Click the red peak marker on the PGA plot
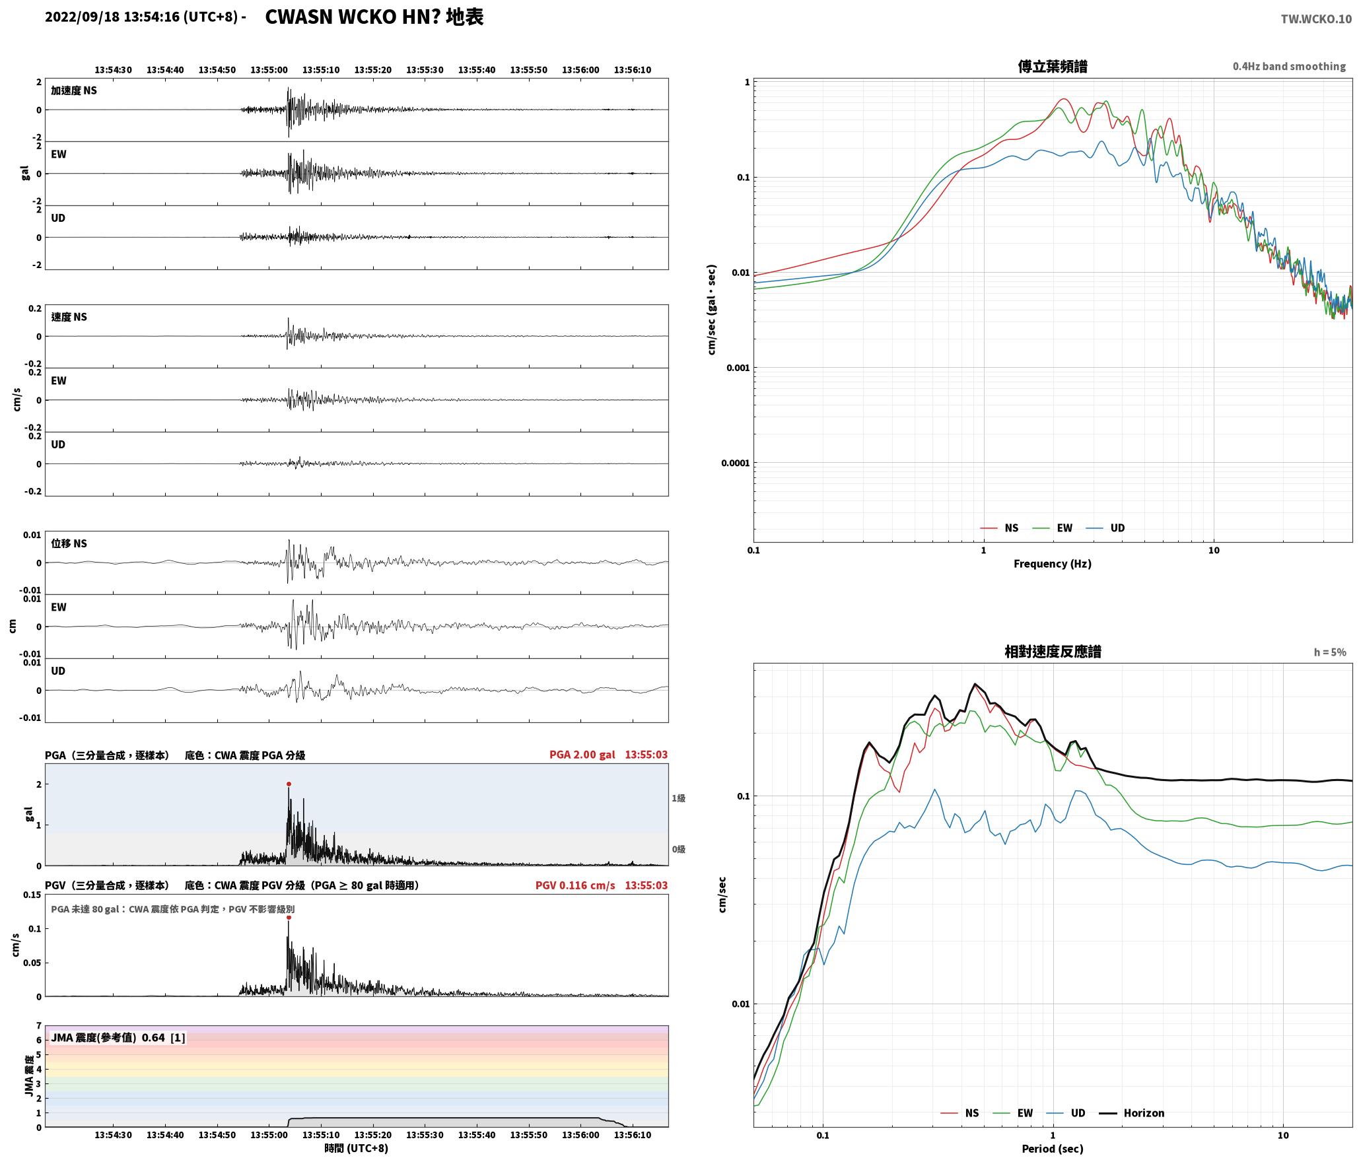[289, 784]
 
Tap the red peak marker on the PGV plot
[289, 917]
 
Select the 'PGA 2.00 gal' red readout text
[582, 755]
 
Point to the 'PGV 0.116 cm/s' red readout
[575, 885]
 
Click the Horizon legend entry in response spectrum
[1132, 1112]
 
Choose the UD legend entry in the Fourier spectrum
[1105, 528]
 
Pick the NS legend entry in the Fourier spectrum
[1000, 528]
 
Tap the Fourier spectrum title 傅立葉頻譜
[1053, 66]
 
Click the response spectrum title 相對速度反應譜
[1053, 652]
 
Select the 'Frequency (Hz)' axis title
[1053, 564]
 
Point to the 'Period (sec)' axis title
[1053, 1149]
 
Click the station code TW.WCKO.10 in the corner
[1316, 19]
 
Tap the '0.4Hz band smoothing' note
[1289, 66]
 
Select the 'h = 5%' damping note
[1330, 652]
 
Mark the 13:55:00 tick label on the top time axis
[269, 70]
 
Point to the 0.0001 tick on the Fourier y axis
[735, 463]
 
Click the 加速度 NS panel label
[74, 90]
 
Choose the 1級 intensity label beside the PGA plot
[678, 798]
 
